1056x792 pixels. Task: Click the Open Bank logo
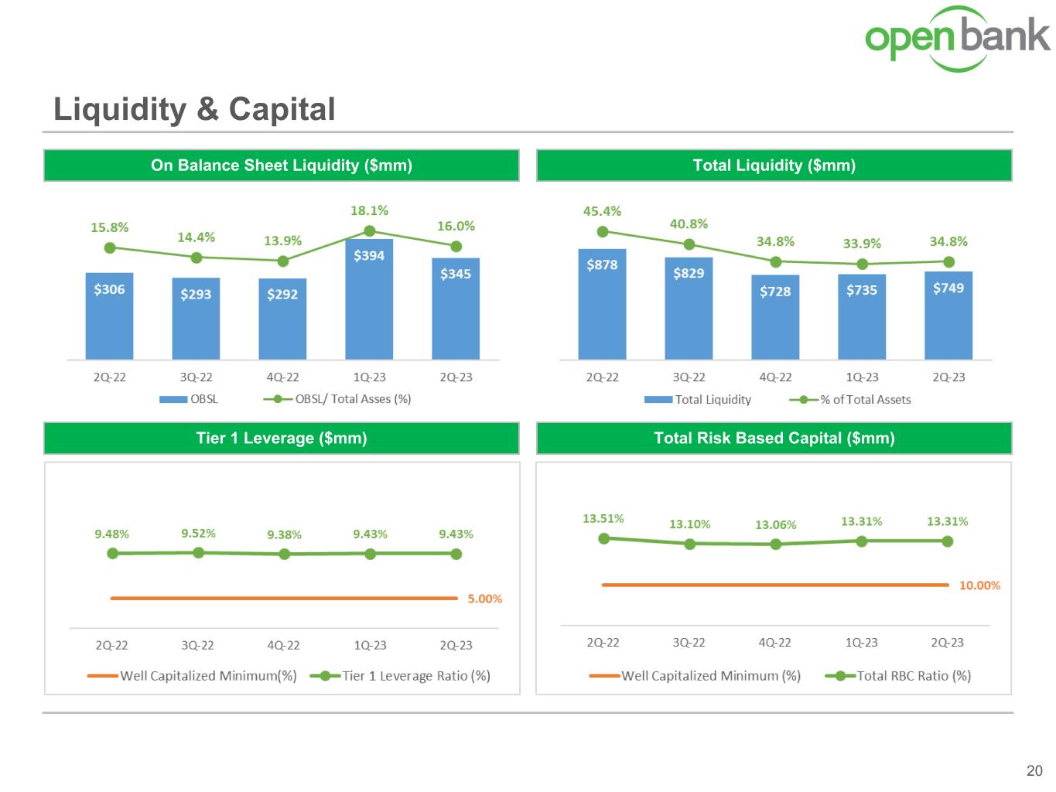tap(957, 39)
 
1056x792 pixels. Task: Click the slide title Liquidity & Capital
tap(194, 109)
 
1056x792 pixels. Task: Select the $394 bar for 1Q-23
tap(369, 299)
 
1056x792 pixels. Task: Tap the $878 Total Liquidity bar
tap(602, 303)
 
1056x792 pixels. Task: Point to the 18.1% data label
tap(370, 210)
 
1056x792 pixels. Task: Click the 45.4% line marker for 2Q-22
tap(603, 231)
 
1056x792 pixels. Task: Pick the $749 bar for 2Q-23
tap(948, 315)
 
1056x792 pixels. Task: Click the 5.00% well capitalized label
tap(485, 599)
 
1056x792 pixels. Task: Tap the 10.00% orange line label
tap(979, 585)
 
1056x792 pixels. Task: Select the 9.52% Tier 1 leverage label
tap(199, 534)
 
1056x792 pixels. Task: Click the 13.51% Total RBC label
tap(603, 519)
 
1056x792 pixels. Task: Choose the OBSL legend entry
tap(190, 399)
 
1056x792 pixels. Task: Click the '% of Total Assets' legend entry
tap(851, 400)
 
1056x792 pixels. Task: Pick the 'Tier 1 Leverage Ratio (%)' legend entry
tap(401, 676)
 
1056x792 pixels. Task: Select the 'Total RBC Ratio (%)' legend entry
tap(899, 676)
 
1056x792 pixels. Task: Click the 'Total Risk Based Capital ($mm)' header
tap(774, 438)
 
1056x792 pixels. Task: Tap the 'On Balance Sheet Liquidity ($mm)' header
tap(282, 166)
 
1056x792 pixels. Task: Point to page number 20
tap(1034, 770)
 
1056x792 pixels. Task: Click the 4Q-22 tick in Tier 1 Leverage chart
tap(284, 645)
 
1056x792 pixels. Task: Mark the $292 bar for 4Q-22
tap(282, 319)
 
